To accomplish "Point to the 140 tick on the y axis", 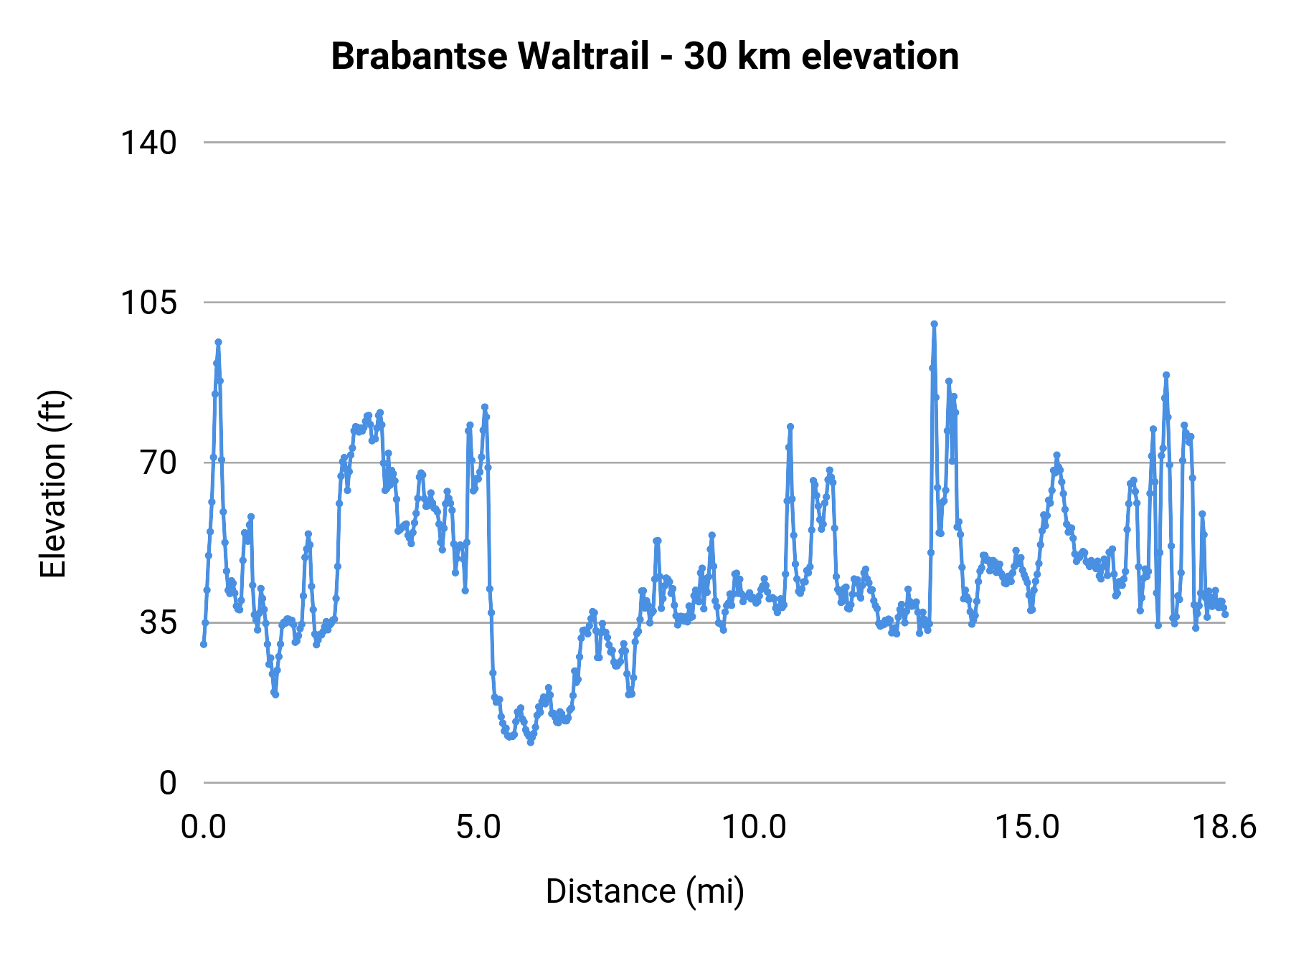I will (148, 143).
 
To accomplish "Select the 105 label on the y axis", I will (148, 303).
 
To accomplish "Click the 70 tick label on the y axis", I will (159, 462).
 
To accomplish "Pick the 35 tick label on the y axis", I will (159, 622).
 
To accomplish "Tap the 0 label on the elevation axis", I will (168, 783).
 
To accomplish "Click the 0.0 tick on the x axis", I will (204, 827).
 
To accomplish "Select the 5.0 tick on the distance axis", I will (478, 827).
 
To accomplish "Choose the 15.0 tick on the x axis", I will (1027, 827).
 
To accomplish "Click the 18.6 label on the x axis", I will (1224, 827).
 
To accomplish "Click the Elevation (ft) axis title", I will (53, 484).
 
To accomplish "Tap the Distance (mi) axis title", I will (645, 891).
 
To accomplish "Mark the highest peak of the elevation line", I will (934, 324).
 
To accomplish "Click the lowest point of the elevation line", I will (531, 742).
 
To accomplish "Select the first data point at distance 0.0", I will (204, 644).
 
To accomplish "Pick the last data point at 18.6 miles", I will (1225, 615).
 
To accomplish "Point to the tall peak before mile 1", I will (218, 342).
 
